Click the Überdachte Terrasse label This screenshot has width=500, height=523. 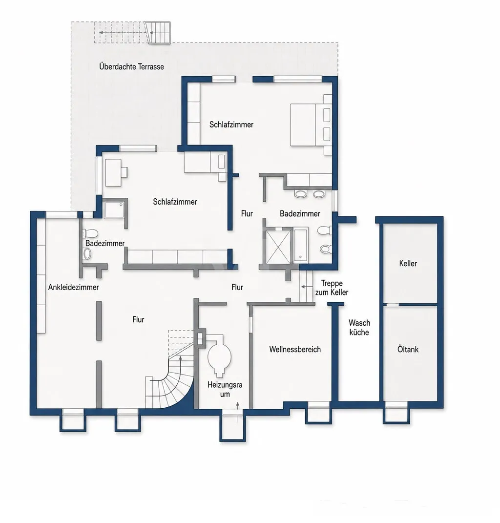[x=131, y=67]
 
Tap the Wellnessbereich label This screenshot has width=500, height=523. [x=295, y=349]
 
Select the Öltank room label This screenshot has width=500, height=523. [x=408, y=349]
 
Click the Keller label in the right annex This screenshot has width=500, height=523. [x=408, y=263]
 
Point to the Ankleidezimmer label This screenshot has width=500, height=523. [x=73, y=287]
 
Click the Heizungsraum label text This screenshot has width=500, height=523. [x=225, y=389]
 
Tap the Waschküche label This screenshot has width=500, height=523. [x=359, y=327]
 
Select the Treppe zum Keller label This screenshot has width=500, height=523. [x=332, y=288]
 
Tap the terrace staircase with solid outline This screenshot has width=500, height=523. [x=158, y=32]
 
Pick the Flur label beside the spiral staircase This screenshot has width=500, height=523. [x=138, y=319]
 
